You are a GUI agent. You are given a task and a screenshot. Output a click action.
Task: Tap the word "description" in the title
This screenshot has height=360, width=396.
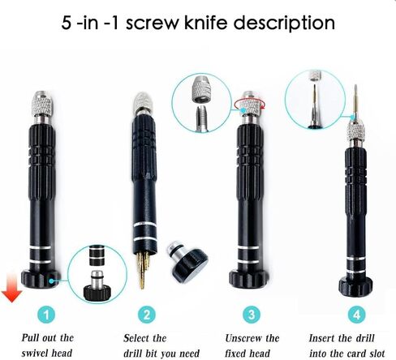click(284, 24)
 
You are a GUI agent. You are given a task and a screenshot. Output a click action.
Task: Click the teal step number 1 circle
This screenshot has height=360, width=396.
click(46, 315)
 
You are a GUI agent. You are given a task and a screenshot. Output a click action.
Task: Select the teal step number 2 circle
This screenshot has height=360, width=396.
click(147, 315)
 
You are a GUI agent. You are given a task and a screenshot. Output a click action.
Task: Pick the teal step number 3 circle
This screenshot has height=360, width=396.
click(252, 315)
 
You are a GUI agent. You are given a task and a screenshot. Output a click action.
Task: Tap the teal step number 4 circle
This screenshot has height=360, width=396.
click(357, 315)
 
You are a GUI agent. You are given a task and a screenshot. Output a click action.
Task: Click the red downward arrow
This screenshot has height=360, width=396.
click(11, 287)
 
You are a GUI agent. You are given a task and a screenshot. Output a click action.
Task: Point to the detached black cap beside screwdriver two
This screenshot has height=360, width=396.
click(187, 262)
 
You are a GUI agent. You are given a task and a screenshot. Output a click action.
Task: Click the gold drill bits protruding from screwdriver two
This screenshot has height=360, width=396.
click(142, 269)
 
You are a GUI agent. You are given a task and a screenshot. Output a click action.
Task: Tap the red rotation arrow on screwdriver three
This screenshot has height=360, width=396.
click(249, 105)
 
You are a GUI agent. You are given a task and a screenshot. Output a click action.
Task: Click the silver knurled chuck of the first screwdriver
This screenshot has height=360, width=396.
click(41, 104)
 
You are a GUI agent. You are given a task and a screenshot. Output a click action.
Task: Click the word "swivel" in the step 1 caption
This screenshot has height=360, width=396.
click(36, 353)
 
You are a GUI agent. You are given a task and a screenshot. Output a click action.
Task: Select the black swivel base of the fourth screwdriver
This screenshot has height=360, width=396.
click(355, 286)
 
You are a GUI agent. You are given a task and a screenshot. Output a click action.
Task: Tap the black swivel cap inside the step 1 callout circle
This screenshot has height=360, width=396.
click(97, 292)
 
